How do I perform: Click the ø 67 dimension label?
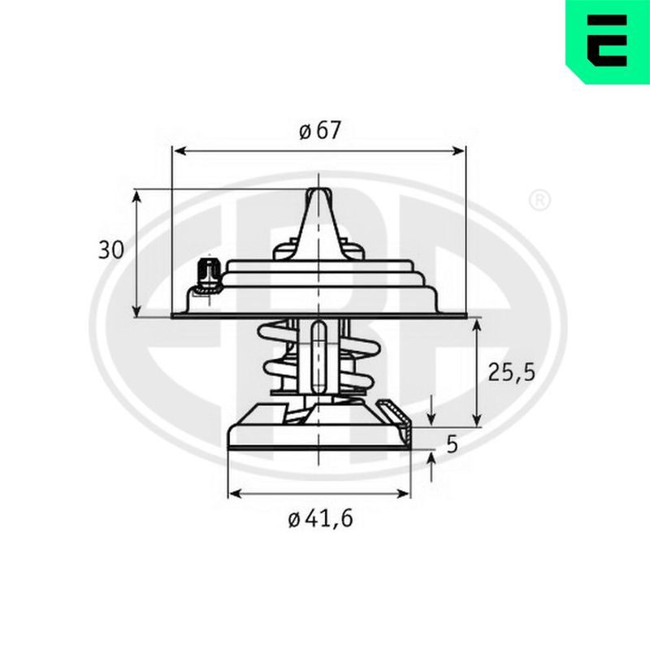click(319, 130)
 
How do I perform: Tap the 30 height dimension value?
click(110, 250)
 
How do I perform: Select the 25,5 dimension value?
click(512, 372)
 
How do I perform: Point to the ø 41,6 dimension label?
click(320, 518)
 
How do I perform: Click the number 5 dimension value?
click(453, 444)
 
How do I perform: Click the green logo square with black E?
click(608, 41)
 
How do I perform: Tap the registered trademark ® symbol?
click(539, 201)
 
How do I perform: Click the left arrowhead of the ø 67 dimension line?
click(179, 151)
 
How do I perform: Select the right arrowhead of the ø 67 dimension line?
click(457, 151)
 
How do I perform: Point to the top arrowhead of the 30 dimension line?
click(136, 197)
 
